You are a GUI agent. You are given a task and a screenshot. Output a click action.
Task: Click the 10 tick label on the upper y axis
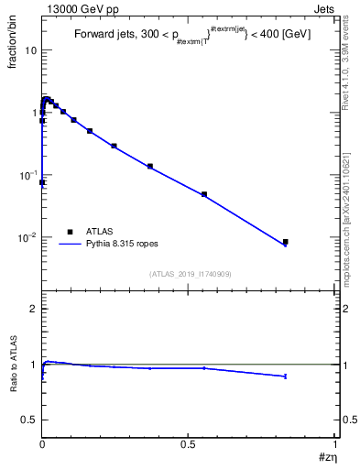(x=30, y=50)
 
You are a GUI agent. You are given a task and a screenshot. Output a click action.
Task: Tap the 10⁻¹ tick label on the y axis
(x=27, y=174)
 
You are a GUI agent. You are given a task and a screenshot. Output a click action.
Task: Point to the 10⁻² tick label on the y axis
(x=27, y=237)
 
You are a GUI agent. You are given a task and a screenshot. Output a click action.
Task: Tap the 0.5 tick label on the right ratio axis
(x=348, y=420)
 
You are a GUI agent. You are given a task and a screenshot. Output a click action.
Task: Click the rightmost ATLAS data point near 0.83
(x=285, y=242)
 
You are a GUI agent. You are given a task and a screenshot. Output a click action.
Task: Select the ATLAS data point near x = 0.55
(x=204, y=194)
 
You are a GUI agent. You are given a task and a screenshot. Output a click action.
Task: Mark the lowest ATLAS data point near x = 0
(x=42, y=182)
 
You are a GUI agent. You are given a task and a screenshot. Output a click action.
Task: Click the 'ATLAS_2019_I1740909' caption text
(x=189, y=274)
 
